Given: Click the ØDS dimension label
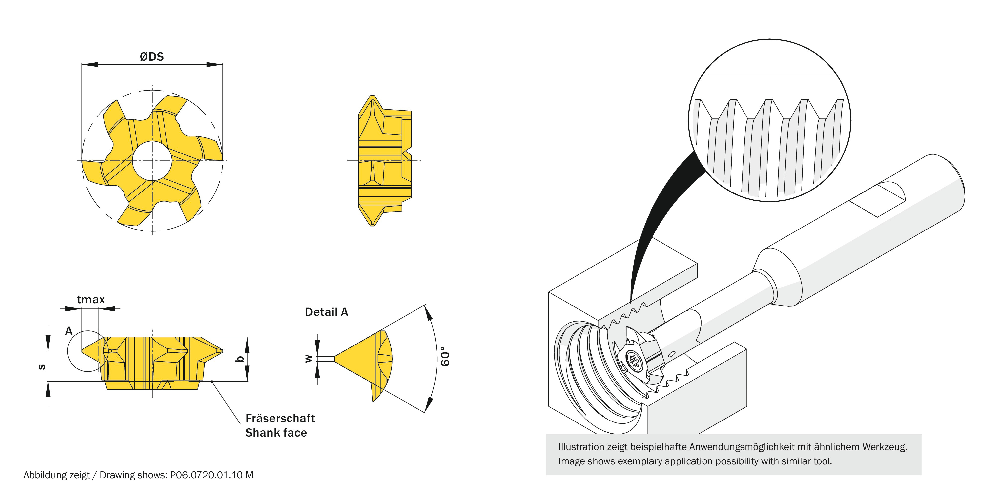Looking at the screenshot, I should click(x=152, y=57).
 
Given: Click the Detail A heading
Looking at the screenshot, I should click(x=326, y=312).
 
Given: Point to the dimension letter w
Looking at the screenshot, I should click(x=308, y=359).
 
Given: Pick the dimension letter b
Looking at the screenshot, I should click(x=240, y=359).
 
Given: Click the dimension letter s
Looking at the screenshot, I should click(x=41, y=367).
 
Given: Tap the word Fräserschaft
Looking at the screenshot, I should click(x=280, y=418).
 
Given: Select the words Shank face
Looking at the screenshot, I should click(x=276, y=433).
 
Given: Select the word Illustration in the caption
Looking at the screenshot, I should click(x=581, y=447).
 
